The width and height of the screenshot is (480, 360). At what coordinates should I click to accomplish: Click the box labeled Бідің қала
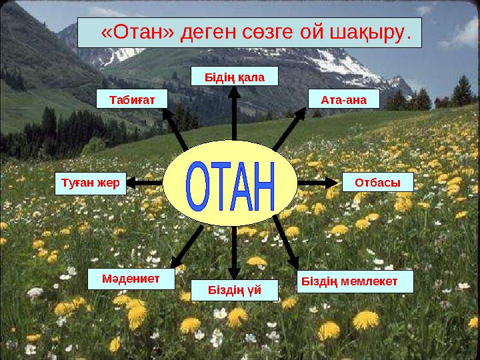tap(234, 77)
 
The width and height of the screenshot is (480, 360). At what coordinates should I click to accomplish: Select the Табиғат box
tap(131, 99)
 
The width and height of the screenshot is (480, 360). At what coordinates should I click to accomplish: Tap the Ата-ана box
tap(344, 99)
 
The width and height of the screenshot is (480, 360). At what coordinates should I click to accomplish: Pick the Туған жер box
tap(90, 182)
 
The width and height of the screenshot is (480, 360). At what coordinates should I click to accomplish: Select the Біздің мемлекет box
tap(354, 281)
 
